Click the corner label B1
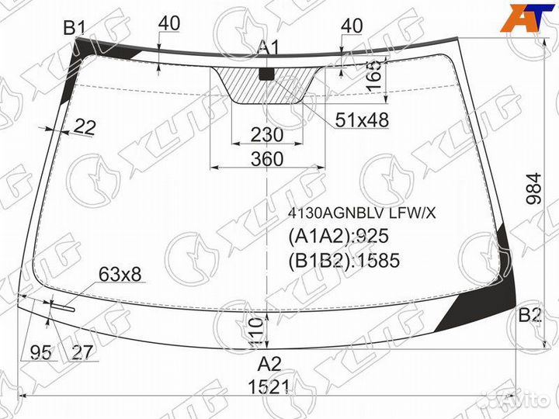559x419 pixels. pyautogui.click(x=74, y=28)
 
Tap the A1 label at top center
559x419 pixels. pyautogui.click(x=268, y=49)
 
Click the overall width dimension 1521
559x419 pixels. pyautogui.click(x=269, y=387)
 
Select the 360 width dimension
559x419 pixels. pyautogui.click(x=268, y=159)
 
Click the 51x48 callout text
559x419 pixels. pyautogui.click(x=362, y=119)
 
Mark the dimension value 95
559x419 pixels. pyautogui.click(x=40, y=352)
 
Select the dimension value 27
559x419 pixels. pyautogui.click(x=82, y=352)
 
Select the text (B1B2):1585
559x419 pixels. pyautogui.click(x=344, y=261)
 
